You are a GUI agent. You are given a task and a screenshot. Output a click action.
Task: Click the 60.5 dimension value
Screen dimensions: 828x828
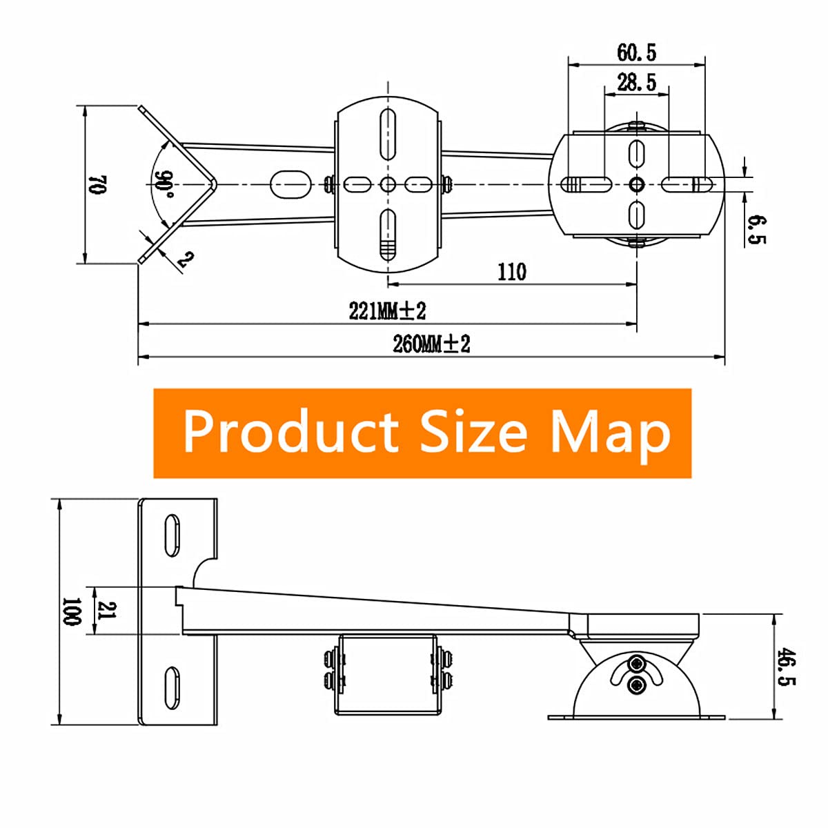pyautogui.click(x=636, y=52)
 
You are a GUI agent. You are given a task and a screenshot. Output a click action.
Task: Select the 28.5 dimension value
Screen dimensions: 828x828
pyautogui.click(x=636, y=83)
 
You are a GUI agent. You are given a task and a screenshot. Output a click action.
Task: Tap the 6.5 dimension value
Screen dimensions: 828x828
pyautogui.click(x=757, y=229)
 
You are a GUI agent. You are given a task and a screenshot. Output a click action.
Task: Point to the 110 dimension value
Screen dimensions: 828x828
pyautogui.click(x=511, y=272)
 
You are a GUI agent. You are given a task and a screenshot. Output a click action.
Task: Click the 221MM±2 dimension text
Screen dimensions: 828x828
pyautogui.click(x=387, y=311)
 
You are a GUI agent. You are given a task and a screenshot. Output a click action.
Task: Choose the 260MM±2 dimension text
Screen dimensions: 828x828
pyautogui.click(x=431, y=344)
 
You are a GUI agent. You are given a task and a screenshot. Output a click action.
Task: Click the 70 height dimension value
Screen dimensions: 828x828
pyautogui.click(x=97, y=184)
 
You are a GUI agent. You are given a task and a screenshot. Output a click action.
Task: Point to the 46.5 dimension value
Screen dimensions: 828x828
pyautogui.click(x=786, y=667)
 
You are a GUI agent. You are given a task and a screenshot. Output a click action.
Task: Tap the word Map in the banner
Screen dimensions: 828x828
pyautogui.click(x=610, y=433)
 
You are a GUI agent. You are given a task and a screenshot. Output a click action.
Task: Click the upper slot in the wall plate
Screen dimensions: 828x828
pyautogui.click(x=171, y=535)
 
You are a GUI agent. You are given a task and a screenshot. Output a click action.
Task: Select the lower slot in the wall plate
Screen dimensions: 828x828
pyautogui.click(x=171, y=687)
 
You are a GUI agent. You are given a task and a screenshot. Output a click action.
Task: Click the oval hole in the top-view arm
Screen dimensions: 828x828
pyautogui.click(x=290, y=184)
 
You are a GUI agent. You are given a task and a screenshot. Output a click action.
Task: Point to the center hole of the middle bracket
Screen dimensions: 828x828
pyautogui.click(x=388, y=184)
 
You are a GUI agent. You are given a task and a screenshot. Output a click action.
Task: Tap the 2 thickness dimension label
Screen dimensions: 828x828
pyautogui.click(x=184, y=259)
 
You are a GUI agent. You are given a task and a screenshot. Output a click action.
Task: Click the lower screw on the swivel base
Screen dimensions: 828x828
pyautogui.click(x=636, y=684)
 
